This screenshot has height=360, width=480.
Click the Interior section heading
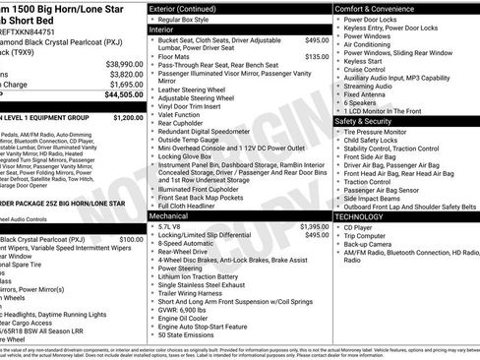click(167, 30)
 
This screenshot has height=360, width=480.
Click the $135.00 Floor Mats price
click(317, 57)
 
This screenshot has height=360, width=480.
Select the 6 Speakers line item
click(360, 101)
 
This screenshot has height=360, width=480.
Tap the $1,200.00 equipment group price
click(128, 117)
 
